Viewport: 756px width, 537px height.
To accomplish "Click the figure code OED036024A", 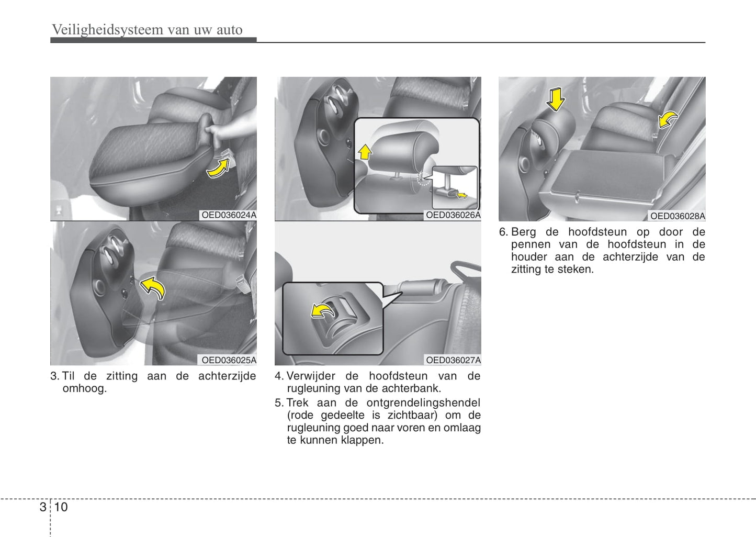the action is (229, 215).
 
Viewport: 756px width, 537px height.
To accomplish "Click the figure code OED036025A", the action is (229, 360).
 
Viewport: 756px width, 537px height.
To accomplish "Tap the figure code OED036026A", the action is (453, 215).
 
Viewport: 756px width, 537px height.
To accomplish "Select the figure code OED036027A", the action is (453, 360).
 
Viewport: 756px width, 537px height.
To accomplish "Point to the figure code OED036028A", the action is (678, 216).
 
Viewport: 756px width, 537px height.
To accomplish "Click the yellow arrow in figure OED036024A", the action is (218, 169).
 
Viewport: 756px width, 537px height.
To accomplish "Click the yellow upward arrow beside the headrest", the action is (365, 152).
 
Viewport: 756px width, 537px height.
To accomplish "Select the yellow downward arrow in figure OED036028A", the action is (555, 99).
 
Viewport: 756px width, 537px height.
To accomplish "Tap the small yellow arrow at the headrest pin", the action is (461, 195).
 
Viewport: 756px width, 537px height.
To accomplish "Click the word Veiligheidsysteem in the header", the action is (108, 30).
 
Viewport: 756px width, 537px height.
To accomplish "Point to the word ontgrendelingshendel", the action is (423, 402).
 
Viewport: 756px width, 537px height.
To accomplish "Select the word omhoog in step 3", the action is (84, 388).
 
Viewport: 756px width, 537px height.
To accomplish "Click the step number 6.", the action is (503, 232).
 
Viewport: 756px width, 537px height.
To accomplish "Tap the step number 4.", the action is (279, 376).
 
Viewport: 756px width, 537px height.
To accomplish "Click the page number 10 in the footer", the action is (61, 507).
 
